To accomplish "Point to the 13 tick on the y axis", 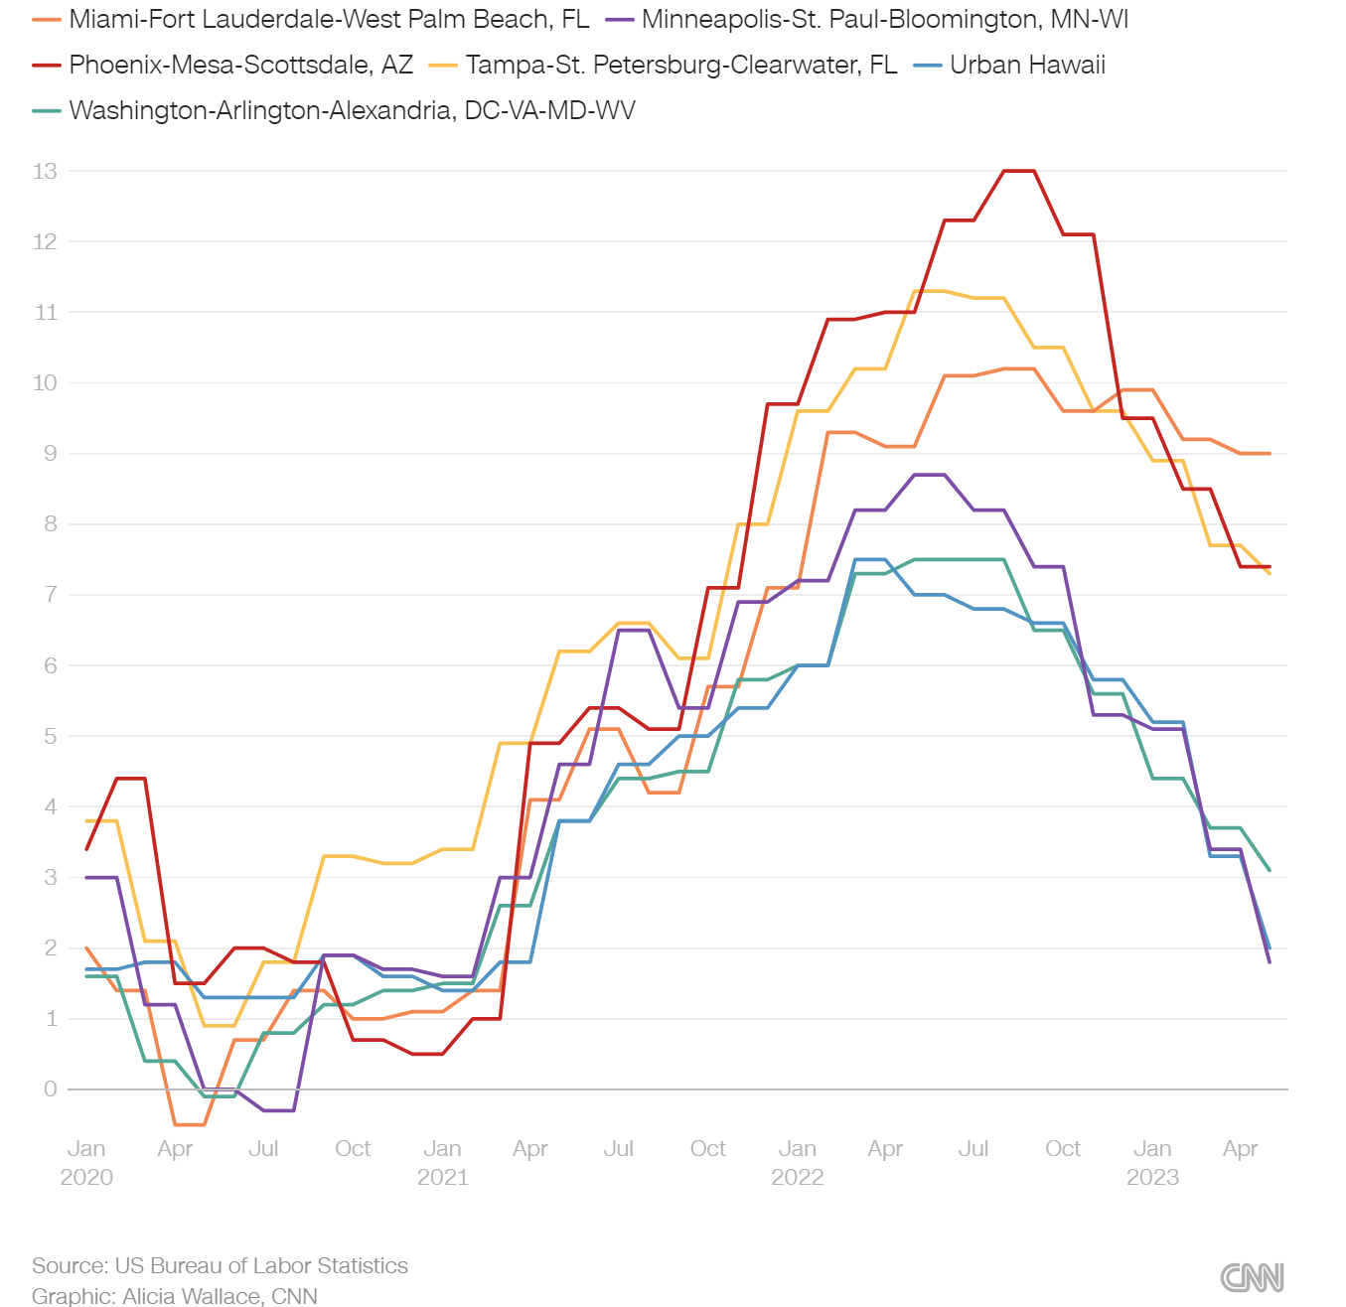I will point(45,171).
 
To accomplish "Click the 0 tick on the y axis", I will point(51,1089).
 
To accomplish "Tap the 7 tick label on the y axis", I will point(51,595).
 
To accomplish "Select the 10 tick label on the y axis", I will point(45,383).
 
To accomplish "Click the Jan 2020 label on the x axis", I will point(86,1149).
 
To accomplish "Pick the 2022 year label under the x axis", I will point(798,1178).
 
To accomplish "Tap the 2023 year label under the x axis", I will point(1152,1178).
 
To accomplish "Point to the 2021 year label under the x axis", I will point(442,1178).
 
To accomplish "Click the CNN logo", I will point(1252,1277).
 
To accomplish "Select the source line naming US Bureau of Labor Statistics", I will point(220,1266).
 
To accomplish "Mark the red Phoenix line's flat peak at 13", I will point(1019,171).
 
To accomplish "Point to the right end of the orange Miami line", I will point(1270,454).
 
